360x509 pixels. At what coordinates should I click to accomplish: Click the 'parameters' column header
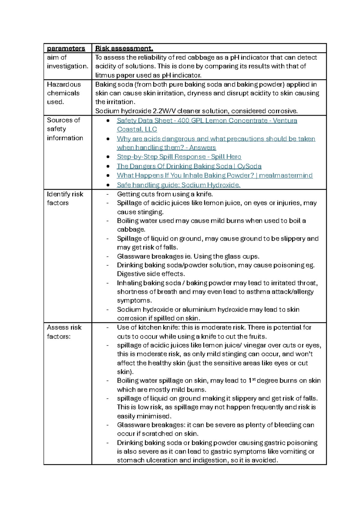[66, 48]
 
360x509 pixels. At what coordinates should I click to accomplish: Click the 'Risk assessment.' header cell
[124, 48]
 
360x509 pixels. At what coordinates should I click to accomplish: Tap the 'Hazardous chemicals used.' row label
[64, 93]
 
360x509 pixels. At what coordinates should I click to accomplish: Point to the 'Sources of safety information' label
[65, 129]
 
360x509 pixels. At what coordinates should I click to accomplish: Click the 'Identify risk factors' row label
[65, 198]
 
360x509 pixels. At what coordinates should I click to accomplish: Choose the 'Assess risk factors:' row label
[64, 332]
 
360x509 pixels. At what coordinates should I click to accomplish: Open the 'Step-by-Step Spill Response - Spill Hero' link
[179, 157]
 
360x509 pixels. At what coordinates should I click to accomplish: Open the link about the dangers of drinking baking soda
[189, 166]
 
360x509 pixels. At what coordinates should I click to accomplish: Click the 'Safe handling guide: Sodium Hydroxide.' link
[178, 185]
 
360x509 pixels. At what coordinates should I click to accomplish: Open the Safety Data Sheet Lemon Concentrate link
[207, 121]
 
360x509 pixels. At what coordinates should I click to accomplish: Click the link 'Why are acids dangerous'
[216, 139]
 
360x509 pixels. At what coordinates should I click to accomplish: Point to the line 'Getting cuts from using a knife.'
[165, 194]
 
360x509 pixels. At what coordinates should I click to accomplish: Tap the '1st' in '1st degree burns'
[252, 381]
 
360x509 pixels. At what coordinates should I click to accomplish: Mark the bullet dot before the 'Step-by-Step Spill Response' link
[108, 157]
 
